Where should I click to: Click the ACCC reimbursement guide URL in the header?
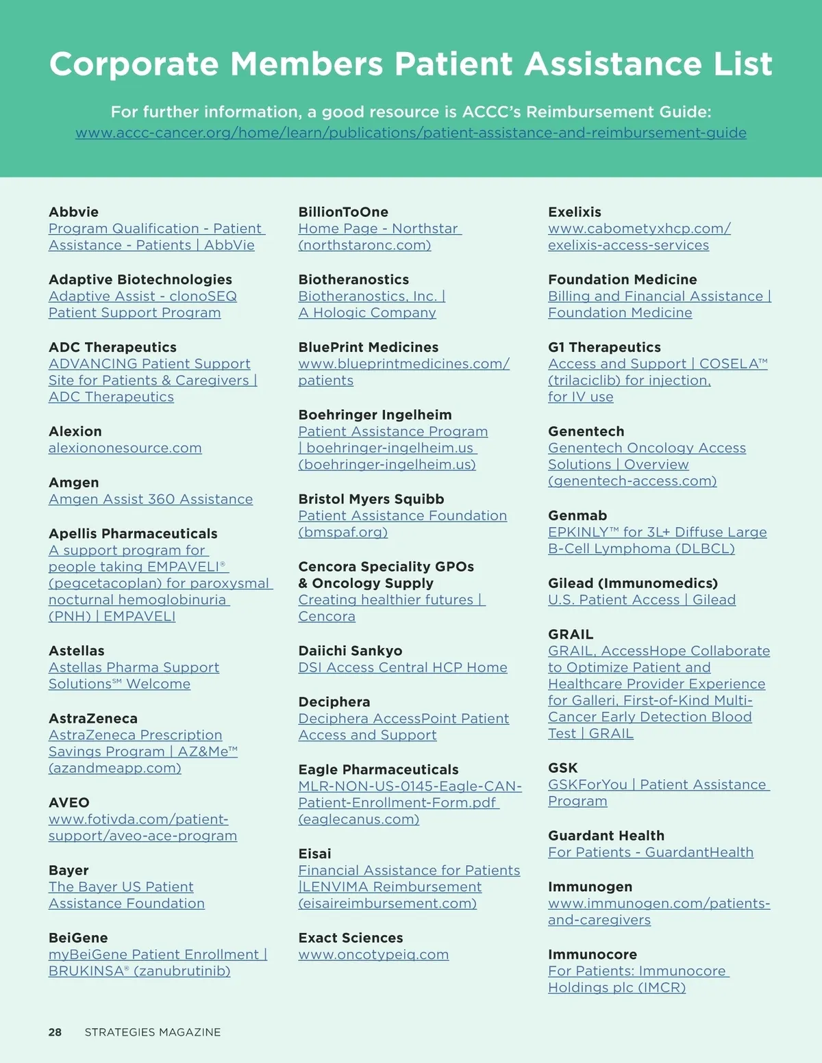[x=411, y=133]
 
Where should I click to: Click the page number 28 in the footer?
[x=55, y=1032]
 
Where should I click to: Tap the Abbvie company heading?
[x=73, y=212]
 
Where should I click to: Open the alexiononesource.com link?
[x=125, y=448]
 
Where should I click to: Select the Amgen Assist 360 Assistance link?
[x=151, y=500]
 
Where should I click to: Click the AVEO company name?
[x=68, y=803]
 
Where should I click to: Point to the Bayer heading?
[x=68, y=871]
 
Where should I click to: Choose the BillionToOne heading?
[x=343, y=212]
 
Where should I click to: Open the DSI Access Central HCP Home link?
[x=403, y=667]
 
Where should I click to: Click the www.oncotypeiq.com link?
[x=373, y=955]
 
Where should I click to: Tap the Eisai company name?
[x=314, y=854]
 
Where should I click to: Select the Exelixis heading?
[x=574, y=212]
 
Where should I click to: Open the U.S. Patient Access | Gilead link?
[x=642, y=600]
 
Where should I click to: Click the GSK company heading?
[x=562, y=768]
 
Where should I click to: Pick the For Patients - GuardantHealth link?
[x=651, y=853]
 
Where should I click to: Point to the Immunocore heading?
[x=592, y=955]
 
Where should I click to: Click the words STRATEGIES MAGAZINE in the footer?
[x=153, y=1032]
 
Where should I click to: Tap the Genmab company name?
[x=577, y=516]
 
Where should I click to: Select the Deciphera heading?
[x=334, y=702]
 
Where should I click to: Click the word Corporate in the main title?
[x=134, y=64]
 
